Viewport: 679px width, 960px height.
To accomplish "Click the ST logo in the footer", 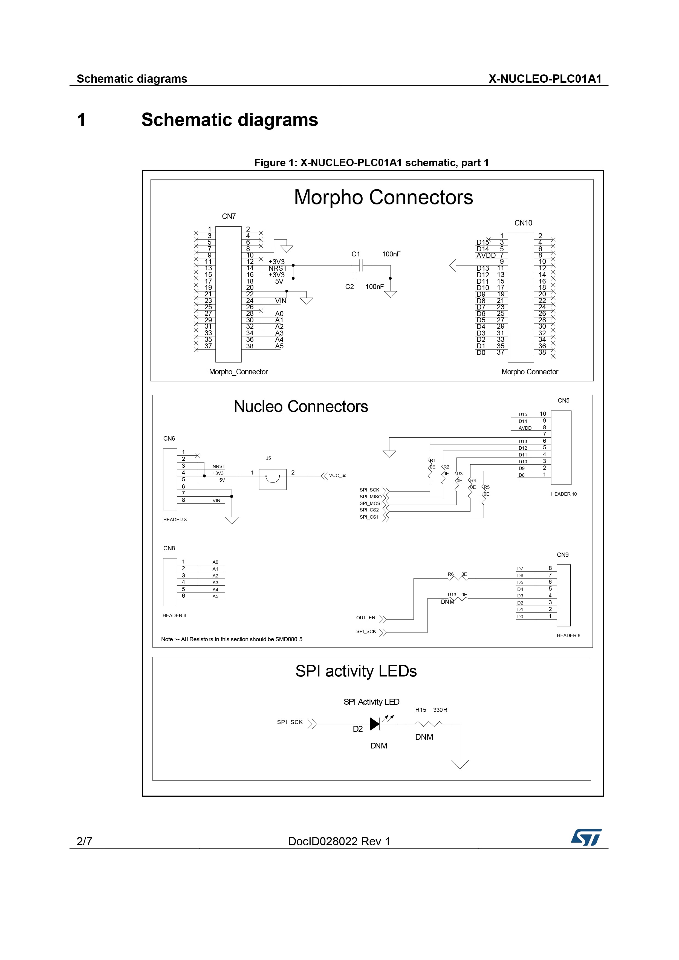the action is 586,837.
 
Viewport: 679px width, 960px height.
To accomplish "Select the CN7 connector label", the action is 229,216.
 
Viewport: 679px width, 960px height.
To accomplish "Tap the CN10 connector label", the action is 523,223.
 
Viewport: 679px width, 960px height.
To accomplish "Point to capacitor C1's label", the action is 356,254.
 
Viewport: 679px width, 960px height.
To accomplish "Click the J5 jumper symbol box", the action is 273,479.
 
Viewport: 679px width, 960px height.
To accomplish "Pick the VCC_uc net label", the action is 337,475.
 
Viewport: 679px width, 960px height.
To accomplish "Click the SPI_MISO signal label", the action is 371,497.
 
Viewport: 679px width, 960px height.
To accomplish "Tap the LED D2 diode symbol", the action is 375,724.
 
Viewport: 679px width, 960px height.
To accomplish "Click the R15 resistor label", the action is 421,710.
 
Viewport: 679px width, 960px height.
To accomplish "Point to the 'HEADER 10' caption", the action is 564,494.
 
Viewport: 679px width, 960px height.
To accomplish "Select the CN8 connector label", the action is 169,548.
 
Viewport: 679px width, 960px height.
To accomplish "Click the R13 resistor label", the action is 452,595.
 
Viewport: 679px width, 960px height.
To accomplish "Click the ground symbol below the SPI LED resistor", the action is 460,764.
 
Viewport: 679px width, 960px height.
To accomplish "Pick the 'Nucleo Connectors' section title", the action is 301,406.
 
